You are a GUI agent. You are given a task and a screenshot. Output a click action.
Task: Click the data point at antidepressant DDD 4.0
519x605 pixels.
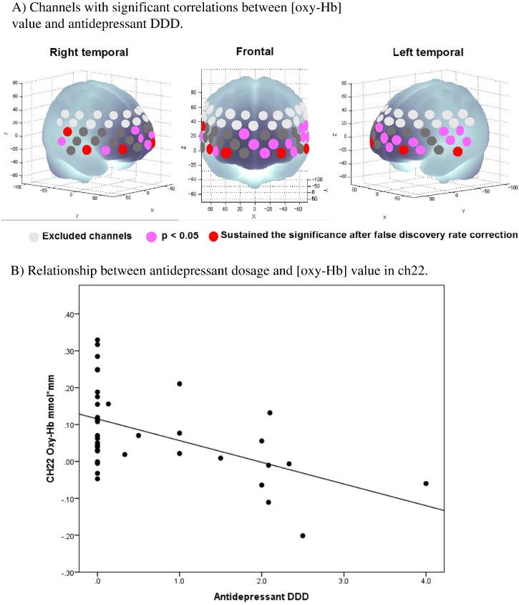[x=426, y=483]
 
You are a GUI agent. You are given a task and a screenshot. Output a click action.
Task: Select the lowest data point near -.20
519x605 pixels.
[x=303, y=535]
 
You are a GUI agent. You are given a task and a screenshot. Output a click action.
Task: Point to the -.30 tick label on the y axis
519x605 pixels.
[x=67, y=573]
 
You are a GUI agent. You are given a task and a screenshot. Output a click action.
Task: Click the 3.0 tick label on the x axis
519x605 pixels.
[x=344, y=583]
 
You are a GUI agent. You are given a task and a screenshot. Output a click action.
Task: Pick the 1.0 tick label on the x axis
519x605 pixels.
[x=179, y=583]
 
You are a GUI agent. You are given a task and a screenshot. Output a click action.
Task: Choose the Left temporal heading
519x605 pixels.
[x=428, y=52]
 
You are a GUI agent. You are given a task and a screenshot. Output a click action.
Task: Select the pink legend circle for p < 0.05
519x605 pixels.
[x=151, y=236]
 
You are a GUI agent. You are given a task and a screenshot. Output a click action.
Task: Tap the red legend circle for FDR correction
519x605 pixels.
[x=214, y=236]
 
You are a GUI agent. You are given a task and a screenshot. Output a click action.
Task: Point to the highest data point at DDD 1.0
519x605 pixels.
[x=180, y=384]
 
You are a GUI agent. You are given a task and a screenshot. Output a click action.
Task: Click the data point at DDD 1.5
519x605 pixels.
[x=220, y=458]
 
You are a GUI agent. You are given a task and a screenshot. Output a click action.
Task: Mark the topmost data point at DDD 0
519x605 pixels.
[x=97, y=340]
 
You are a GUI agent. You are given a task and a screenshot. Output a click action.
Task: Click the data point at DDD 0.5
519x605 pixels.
[x=138, y=435]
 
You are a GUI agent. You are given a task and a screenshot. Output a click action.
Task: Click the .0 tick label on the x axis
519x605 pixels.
[x=97, y=583]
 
